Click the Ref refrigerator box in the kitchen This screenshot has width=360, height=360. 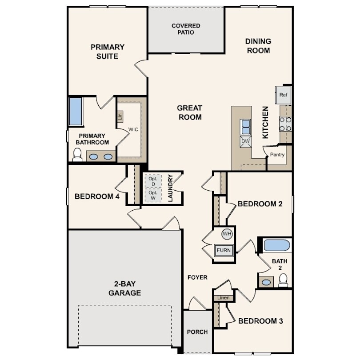click(x=283, y=95)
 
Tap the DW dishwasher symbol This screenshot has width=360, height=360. click(x=245, y=141)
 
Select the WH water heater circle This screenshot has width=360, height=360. click(x=227, y=234)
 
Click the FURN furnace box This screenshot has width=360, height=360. click(x=224, y=250)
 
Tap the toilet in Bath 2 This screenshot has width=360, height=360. click(x=283, y=280)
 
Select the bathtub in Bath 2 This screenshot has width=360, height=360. click(x=277, y=245)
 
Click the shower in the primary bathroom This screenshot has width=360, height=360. click(x=76, y=111)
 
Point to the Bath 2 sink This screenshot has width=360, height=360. click(x=266, y=282)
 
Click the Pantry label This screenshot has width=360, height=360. click(x=277, y=155)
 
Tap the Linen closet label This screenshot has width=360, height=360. click(x=223, y=298)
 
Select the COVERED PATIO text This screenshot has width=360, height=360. click(x=186, y=29)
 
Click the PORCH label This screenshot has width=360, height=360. click(x=197, y=332)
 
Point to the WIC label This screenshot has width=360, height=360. click(x=133, y=129)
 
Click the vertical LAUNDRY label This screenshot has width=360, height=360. click(x=170, y=188)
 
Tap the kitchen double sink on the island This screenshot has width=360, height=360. click(x=245, y=127)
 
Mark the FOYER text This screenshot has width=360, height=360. click(x=197, y=277)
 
